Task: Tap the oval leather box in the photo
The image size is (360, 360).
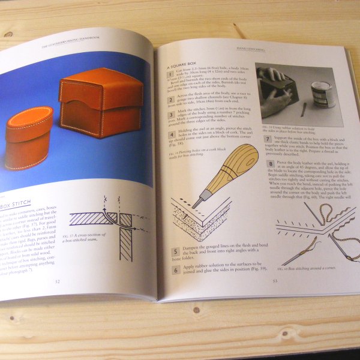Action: (28, 137)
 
